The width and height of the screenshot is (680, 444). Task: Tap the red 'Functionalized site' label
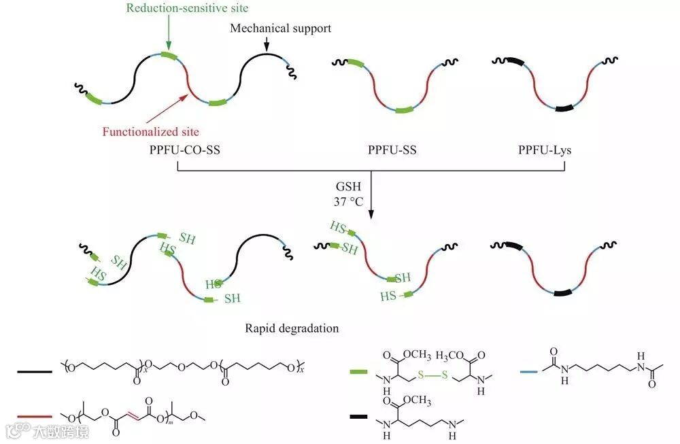tap(151, 131)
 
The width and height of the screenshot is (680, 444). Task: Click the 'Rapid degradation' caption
tap(292, 328)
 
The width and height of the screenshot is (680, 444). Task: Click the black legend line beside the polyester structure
tap(35, 371)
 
